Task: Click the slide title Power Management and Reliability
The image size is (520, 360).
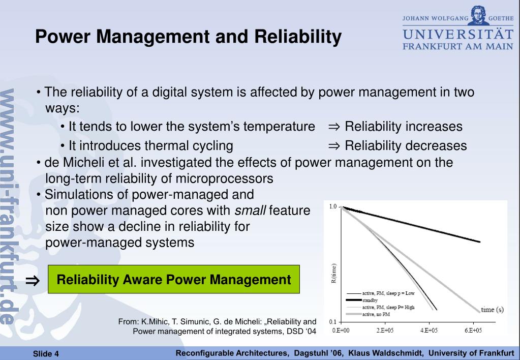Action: click(x=188, y=37)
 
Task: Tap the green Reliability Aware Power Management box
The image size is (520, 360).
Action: click(x=174, y=279)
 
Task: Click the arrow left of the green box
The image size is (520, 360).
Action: click(x=33, y=281)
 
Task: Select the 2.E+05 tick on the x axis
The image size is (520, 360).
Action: click(x=385, y=330)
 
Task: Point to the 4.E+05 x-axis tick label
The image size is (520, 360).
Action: click(x=429, y=330)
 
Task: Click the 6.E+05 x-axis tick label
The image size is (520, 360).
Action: click(x=473, y=330)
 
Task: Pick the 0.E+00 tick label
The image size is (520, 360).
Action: click(x=341, y=330)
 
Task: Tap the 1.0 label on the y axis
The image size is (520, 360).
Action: click(x=332, y=206)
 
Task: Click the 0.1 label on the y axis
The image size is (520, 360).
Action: click(x=332, y=322)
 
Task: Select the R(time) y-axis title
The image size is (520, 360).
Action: click(x=333, y=274)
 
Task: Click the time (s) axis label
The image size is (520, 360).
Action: click(x=492, y=310)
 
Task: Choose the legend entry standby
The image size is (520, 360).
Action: click(x=370, y=301)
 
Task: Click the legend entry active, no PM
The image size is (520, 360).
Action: click(x=376, y=314)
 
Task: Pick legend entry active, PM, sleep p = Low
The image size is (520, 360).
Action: click(x=388, y=293)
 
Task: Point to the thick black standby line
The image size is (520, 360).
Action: click(x=411, y=224)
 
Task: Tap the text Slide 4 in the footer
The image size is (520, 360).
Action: click(x=46, y=354)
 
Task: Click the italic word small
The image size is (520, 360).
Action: click(x=250, y=211)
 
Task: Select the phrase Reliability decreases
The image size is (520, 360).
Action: click(x=406, y=145)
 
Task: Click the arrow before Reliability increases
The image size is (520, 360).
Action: click(x=334, y=127)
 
